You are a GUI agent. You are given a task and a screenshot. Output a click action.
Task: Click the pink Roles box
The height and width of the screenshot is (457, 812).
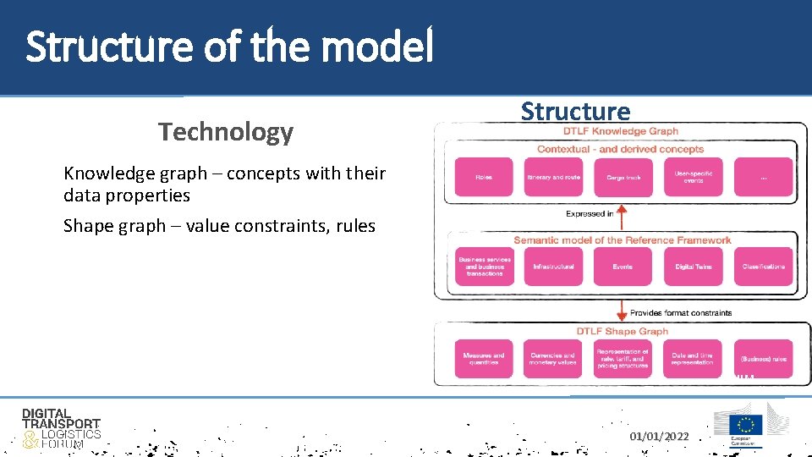pyautogui.click(x=484, y=178)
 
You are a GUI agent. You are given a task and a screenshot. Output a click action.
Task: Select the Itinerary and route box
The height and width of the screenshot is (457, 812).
pyautogui.click(x=554, y=178)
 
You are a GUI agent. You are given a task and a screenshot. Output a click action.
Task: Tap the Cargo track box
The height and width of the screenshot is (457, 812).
pyautogui.click(x=623, y=178)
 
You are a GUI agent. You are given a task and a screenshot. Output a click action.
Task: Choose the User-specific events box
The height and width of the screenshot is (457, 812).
pyautogui.click(x=694, y=178)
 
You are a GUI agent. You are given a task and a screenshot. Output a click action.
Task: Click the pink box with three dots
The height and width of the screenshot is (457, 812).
pyautogui.click(x=763, y=178)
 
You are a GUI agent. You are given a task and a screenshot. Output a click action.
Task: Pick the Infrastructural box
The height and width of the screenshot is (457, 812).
pyautogui.click(x=554, y=267)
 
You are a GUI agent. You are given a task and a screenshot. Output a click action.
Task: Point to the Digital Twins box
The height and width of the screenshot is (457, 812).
pyautogui.click(x=694, y=267)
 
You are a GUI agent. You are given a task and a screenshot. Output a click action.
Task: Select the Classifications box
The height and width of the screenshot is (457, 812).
pyautogui.click(x=763, y=267)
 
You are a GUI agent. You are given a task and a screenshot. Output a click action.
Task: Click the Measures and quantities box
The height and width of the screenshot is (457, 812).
pyautogui.click(x=484, y=359)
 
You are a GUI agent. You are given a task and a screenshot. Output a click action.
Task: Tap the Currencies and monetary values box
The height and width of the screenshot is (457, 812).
pyautogui.click(x=554, y=359)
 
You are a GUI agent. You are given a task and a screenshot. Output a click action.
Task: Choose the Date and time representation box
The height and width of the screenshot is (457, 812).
pyautogui.click(x=694, y=359)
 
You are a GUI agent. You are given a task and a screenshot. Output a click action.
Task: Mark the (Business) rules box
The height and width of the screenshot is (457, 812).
pyautogui.click(x=763, y=359)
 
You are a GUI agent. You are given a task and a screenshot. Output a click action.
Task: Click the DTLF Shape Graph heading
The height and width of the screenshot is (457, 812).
pyautogui.click(x=622, y=331)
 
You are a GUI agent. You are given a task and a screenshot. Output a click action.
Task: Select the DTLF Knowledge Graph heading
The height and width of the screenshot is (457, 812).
pyautogui.click(x=621, y=131)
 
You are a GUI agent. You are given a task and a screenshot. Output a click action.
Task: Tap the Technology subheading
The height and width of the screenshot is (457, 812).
pyautogui.click(x=225, y=132)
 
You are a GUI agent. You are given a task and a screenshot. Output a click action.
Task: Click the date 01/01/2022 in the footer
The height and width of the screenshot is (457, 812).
pyautogui.click(x=659, y=437)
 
